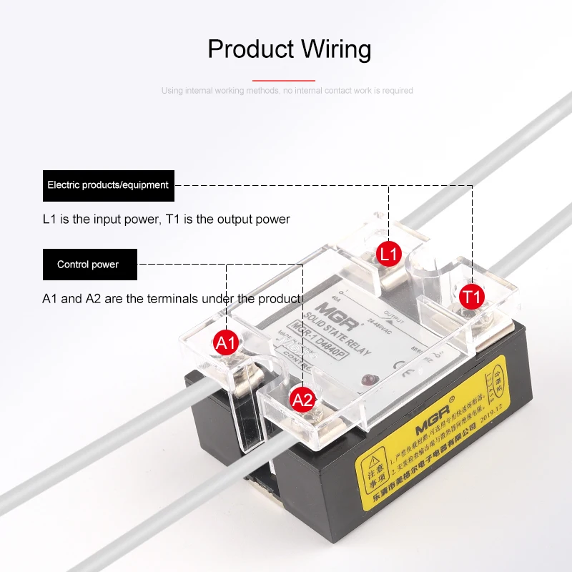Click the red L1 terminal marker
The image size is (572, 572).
click(390, 253)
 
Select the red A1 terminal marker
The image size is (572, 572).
click(226, 343)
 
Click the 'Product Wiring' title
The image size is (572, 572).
click(289, 49)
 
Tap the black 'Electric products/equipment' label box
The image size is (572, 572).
click(108, 185)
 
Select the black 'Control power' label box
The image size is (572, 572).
click(88, 265)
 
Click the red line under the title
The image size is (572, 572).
click(284, 81)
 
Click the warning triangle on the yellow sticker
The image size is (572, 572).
click(373, 458)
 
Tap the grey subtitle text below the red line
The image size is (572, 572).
click(287, 91)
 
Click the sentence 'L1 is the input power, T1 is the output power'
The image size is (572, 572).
click(166, 220)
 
